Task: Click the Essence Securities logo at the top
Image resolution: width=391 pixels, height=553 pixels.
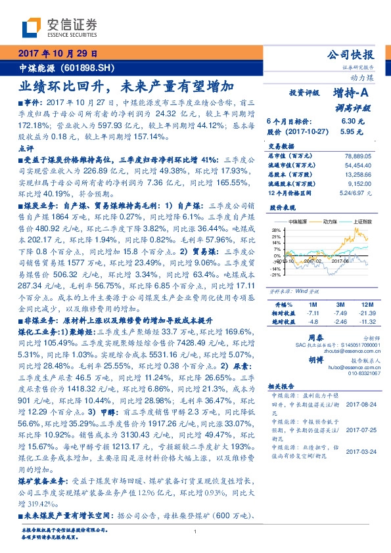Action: [60, 27]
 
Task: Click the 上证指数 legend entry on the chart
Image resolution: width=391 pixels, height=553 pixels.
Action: [363, 222]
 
